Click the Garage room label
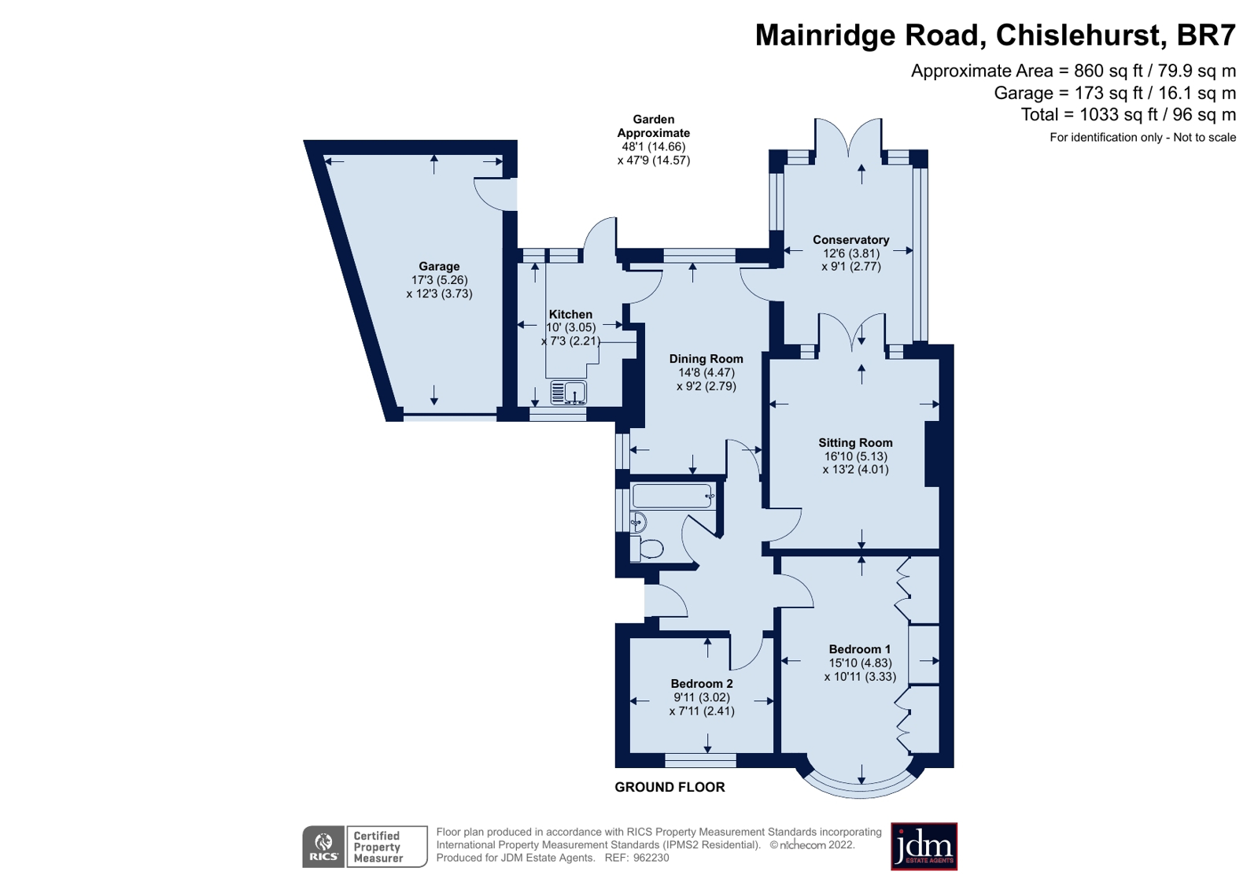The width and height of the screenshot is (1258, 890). click(439, 267)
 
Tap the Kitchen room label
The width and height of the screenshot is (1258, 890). click(570, 314)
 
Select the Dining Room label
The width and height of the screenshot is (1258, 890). click(706, 359)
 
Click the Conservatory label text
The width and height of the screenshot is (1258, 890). click(850, 240)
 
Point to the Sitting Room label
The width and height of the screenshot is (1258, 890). click(855, 443)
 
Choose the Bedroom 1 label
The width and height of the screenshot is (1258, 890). click(860, 649)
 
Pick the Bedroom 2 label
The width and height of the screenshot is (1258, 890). click(702, 684)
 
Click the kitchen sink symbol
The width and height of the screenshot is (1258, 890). click(568, 391)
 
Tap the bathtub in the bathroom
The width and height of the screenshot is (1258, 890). click(673, 497)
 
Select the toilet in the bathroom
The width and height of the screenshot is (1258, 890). click(649, 548)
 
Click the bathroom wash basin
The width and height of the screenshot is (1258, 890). click(637, 522)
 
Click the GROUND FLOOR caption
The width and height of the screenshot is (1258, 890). click(670, 787)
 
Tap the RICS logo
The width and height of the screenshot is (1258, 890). click(324, 847)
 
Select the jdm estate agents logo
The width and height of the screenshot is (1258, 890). click(924, 847)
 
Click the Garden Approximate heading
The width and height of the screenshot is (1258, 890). click(654, 126)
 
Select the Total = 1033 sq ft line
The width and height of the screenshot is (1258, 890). click(1128, 115)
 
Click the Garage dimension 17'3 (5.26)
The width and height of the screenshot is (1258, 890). click(439, 280)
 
